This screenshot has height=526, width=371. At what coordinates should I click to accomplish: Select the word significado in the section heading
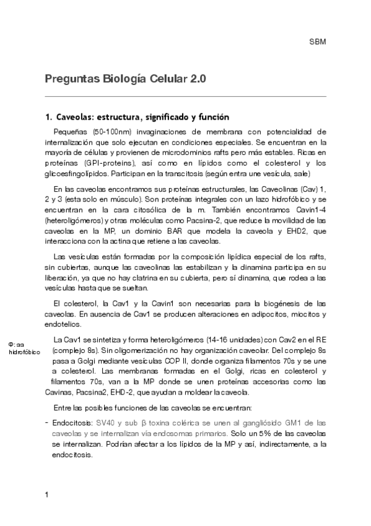click(x=147, y=117)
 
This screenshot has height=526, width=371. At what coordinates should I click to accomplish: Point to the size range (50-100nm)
click(x=111, y=132)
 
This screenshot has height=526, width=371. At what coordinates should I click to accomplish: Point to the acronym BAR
click(x=168, y=231)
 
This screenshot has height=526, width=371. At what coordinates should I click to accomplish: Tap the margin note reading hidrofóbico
click(x=24, y=352)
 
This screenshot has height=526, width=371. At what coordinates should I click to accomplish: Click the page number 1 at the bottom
click(x=46, y=494)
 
